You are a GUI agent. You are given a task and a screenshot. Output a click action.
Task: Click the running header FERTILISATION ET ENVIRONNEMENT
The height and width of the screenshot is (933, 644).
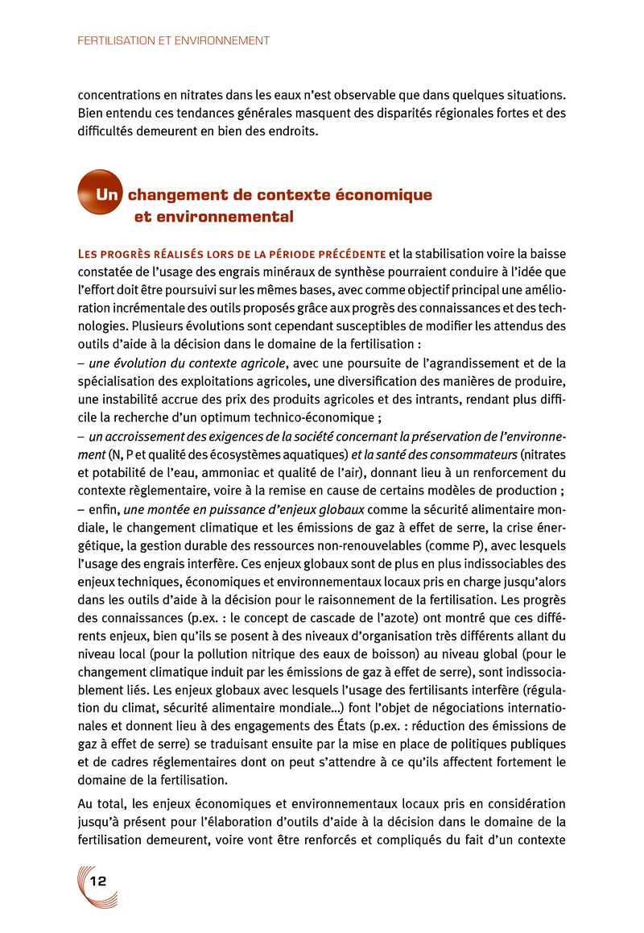(173, 39)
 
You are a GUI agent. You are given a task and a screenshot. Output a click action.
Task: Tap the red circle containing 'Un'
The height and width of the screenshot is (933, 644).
(99, 193)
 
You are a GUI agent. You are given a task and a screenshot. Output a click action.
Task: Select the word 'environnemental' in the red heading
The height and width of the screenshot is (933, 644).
(213, 217)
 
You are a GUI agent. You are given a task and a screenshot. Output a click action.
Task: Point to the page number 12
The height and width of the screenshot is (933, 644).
(99, 880)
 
